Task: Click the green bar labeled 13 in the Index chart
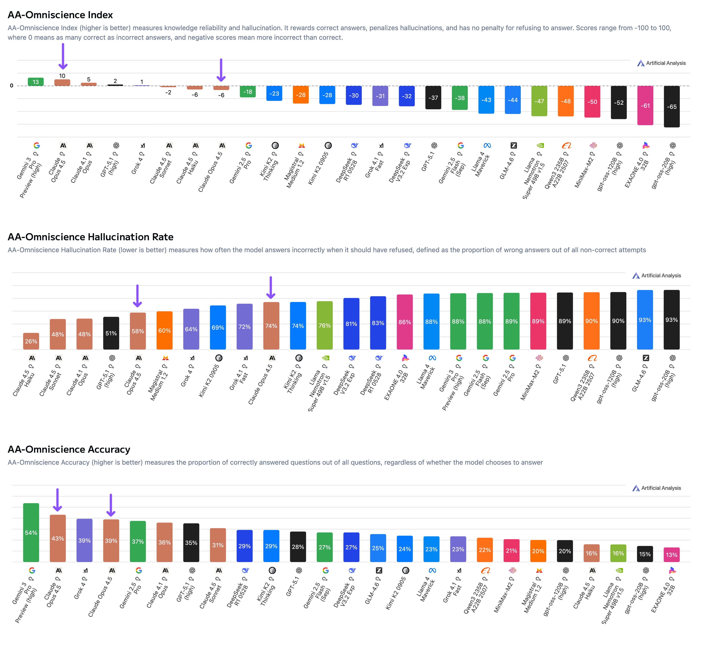(36, 82)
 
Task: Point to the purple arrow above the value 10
(63, 56)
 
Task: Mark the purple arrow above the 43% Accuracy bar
(57, 500)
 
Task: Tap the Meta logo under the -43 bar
(487, 145)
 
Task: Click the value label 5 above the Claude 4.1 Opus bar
(89, 79)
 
